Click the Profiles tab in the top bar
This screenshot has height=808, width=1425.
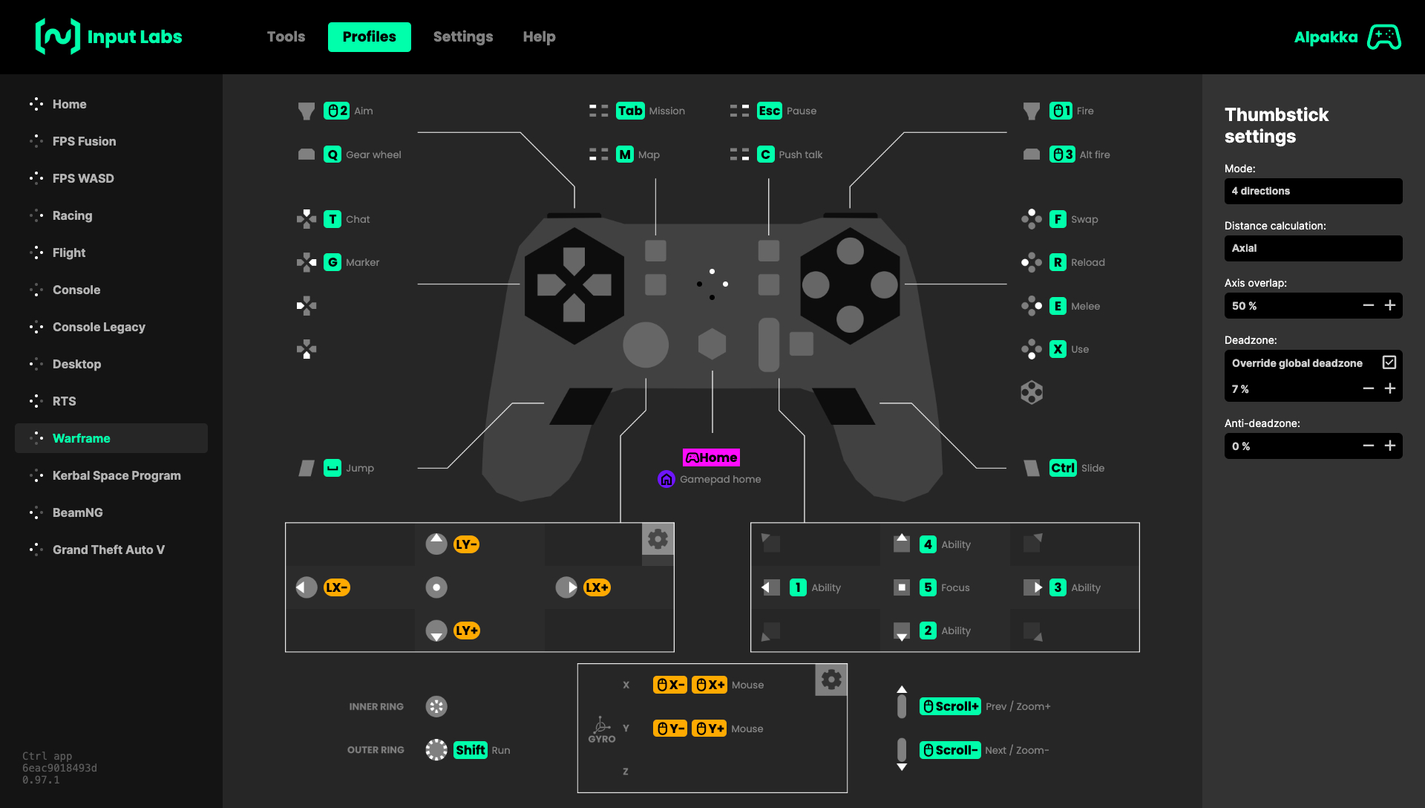click(x=369, y=37)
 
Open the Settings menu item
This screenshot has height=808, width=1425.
click(x=462, y=37)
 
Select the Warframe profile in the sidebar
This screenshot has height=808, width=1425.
click(x=81, y=438)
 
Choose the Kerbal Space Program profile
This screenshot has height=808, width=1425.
click(x=117, y=475)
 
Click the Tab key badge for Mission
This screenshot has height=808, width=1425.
click(x=630, y=111)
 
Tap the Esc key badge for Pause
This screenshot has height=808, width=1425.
click(x=769, y=111)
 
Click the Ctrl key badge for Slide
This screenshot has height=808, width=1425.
click(x=1063, y=468)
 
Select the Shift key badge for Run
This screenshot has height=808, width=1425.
click(x=471, y=750)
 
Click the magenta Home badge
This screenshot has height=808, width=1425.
click(x=711, y=457)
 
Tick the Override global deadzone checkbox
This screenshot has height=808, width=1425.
click(x=1389, y=362)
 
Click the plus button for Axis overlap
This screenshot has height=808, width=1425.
click(x=1390, y=305)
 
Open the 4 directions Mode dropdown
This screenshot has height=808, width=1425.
click(x=1313, y=191)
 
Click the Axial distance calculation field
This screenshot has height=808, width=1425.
click(x=1313, y=248)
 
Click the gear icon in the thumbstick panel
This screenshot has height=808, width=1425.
click(x=658, y=539)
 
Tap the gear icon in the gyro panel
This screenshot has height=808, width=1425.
click(x=831, y=680)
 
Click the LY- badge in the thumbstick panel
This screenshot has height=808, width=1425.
click(x=466, y=544)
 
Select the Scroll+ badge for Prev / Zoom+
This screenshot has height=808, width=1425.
click(x=950, y=706)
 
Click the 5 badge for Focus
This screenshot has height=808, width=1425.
click(x=928, y=587)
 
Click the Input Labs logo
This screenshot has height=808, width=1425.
click(x=109, y=37)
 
